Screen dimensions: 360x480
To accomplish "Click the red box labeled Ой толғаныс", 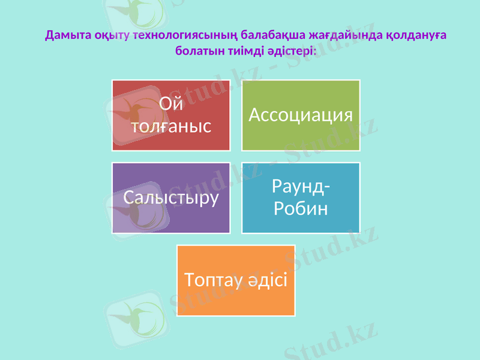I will point(171,115).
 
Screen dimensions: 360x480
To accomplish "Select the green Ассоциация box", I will point(301,115).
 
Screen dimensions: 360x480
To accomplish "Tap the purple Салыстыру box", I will point(171,197).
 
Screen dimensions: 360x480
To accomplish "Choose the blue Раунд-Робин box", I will point(301,197).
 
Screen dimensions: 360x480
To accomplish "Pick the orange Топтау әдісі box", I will point(236,280).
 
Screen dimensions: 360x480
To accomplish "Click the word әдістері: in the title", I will point(291,50).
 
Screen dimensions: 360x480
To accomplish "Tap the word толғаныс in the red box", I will point(171,127).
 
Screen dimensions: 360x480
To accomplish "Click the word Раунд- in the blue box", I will point(301,187).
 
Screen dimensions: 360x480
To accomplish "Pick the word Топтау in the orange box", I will point(211,280).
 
